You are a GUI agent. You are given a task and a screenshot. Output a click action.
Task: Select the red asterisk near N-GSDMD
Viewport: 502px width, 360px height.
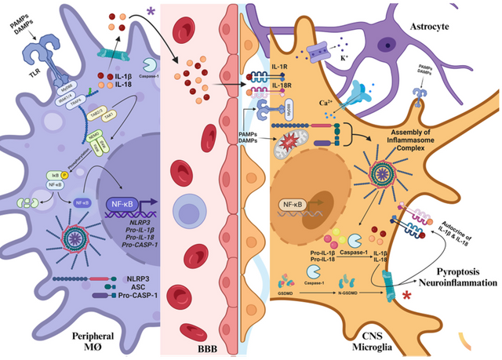(407, 296)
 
